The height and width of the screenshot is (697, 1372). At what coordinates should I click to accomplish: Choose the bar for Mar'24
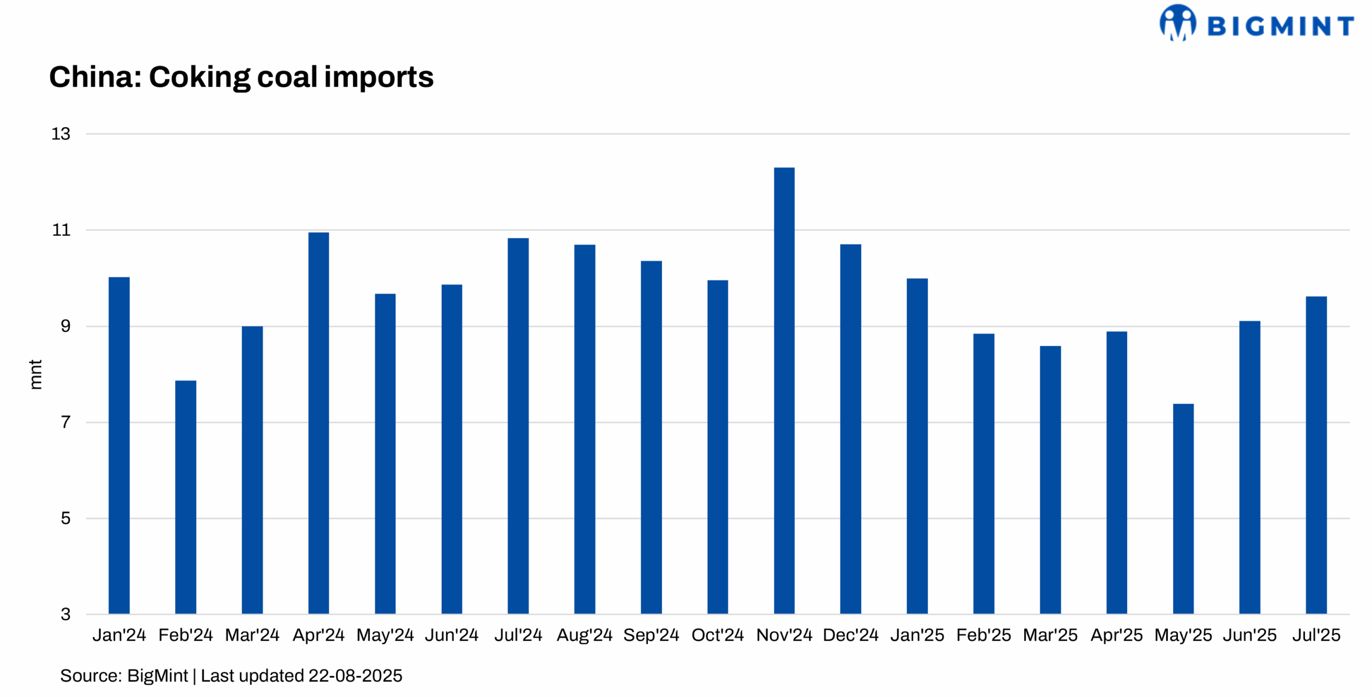[x=252, y=470]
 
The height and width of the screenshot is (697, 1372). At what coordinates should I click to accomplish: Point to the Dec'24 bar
[x=851, y=429]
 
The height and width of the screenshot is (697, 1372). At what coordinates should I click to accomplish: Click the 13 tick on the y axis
[x=61, y=134]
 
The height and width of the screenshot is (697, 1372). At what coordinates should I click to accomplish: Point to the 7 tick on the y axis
[x=65, y=422]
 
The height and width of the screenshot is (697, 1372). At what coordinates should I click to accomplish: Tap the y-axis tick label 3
[x=65, y=614]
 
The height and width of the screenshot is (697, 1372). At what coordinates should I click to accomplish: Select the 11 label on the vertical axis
[x=61, y=231]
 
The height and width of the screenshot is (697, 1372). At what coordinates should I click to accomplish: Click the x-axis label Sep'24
[x=651, y=635]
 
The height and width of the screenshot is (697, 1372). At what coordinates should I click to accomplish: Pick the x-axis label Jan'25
[x=917, y=635]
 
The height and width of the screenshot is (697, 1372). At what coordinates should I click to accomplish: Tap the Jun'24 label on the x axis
[x=451, y=635]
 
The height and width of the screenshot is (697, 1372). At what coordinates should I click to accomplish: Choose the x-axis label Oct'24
[x=718, y=635]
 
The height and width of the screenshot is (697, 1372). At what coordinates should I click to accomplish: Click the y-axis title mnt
[x=35, y=374]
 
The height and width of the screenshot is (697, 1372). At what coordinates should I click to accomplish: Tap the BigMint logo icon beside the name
[x=1177, y=23]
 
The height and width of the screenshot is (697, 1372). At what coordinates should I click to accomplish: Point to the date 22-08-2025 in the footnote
[x=355, y=676]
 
